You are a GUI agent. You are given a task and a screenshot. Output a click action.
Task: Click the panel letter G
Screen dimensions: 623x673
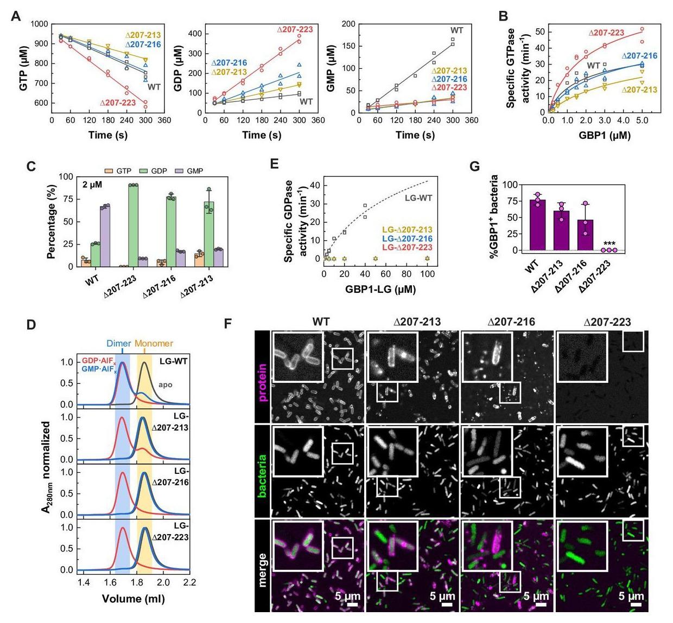click(x=474, y=166)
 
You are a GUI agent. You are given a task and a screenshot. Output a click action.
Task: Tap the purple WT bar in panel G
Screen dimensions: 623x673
click(x=537, y=225)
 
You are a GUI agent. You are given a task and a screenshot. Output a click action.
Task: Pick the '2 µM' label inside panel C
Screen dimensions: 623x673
click(x=93, y=184)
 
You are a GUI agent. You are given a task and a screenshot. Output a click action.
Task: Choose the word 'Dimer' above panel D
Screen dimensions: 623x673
click(x=118, y=343)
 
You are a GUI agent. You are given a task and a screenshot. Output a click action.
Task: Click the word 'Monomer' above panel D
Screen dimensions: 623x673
click(x=154, y=343)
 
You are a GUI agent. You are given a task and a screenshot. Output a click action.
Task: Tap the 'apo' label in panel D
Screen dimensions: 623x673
click(x=165, y=384)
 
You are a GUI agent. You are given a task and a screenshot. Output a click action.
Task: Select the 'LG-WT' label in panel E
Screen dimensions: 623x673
click(x=418, y=198)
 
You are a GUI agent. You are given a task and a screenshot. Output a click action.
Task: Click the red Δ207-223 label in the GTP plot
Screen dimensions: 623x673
click(x=118, y=102)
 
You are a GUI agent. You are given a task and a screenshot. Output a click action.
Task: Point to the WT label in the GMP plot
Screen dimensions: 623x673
click(x=457, y=30)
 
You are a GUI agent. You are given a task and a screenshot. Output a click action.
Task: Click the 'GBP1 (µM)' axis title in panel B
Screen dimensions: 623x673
click(x=604, y=135)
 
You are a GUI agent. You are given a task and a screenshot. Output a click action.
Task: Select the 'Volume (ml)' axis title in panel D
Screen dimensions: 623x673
click(x=133, y=599)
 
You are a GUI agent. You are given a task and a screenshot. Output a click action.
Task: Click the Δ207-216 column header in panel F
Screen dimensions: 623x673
click(x=511, y=322)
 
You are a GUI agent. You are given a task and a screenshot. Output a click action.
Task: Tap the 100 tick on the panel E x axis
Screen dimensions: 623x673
click(x=427, y=274)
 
